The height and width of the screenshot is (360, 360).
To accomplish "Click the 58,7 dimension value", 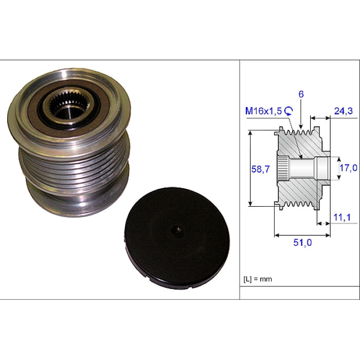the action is (260, 169).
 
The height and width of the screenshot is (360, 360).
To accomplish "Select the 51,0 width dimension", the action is (302, 242).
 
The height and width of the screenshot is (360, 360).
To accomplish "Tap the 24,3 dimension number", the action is (343, 111).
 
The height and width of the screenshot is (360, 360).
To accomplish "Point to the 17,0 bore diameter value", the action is (349, 168).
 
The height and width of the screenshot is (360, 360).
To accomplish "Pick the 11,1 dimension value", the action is (342, 217).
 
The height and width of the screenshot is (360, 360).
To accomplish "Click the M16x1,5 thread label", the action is (263, 111).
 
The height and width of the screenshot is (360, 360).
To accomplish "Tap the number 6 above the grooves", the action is (301, 94).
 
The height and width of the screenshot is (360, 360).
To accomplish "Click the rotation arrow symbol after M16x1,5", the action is (289, 111).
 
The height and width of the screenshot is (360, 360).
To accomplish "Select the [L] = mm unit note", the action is (258, 279).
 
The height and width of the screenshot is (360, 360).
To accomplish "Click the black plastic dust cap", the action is (177, 238).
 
